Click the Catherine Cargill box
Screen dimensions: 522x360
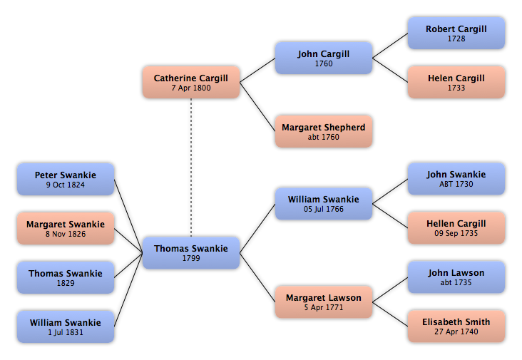click(191, 82)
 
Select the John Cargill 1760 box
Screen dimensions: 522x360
click(324, 58)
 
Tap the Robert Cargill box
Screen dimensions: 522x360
click(456, 34)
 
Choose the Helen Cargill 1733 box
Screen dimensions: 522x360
click(456, 82)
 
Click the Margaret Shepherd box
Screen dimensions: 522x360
click(324, 131)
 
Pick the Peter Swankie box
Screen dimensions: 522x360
click(66, 179)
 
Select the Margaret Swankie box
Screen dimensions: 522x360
click(66, 228)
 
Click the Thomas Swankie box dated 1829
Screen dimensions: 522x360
click(66, 277)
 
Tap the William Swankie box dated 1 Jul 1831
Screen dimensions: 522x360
click(66, 326)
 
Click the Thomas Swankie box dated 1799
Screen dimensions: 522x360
click(191, 253)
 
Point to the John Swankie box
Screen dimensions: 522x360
click(456, 179)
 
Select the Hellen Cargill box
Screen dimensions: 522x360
click(456, 228)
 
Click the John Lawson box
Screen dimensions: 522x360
click(456, 277)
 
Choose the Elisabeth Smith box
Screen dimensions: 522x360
click(456, 326)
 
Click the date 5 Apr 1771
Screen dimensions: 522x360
click(324, 307)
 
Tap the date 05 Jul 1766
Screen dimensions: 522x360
click(324, 209)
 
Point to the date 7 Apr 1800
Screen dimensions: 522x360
click(191, 88)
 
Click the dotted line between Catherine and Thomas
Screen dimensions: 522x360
click(191, 168)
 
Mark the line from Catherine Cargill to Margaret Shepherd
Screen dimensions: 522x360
click(257, 107)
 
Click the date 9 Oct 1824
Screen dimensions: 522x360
click(66, 185)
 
